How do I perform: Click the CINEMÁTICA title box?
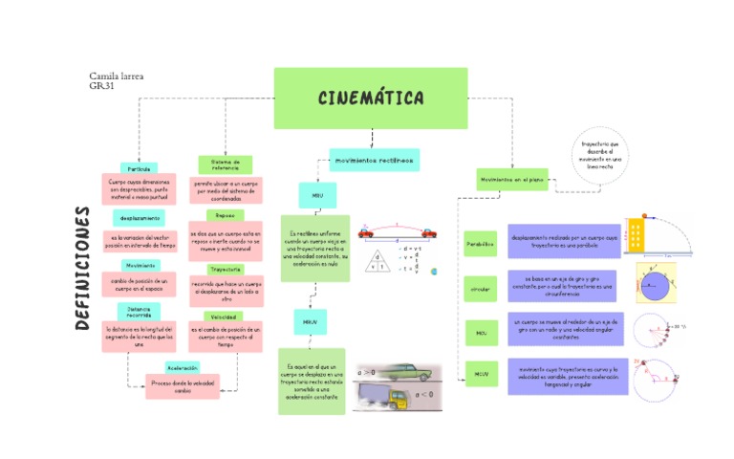point(371,98)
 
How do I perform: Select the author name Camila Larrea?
point(116,76)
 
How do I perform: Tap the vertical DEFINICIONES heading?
point(83,268)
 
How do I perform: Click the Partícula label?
point(140,168)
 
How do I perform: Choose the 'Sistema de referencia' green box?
point(225,164)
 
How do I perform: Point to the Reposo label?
point(225,215)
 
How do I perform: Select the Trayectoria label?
point(226,270)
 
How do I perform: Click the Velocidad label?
point(225,317)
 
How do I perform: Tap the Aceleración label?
point(182,367)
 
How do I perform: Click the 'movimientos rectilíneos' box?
point(374,160)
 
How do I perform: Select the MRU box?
point(317,195)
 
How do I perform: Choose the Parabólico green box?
point(481,244)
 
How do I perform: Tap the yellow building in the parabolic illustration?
point(637,232)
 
